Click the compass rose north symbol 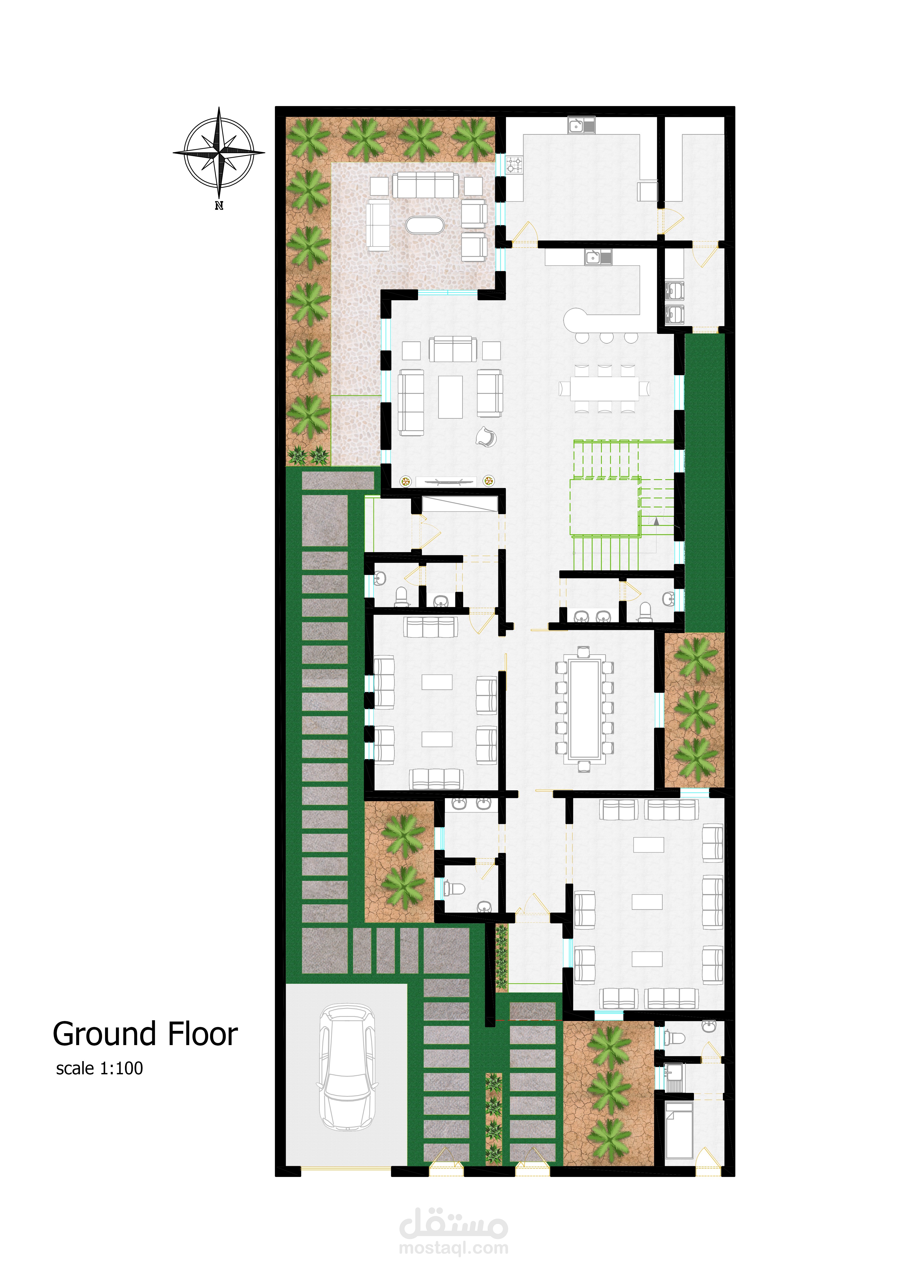(219, 152)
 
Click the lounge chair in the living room (486, 437)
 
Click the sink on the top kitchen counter (582, 125)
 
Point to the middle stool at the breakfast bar (607, 337)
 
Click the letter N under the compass (219, 206)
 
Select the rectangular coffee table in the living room (451, 397)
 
